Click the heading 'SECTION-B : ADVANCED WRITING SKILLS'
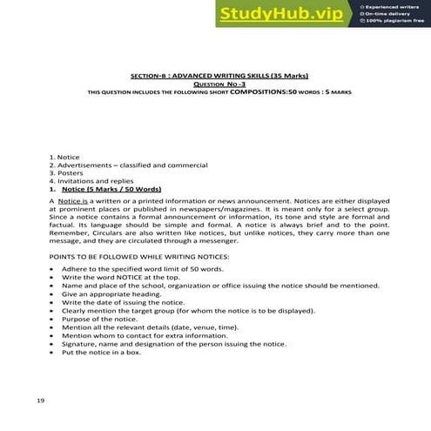[219, 77]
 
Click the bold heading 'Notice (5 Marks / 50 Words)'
[111, 188]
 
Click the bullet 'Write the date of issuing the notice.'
[130, 303]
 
